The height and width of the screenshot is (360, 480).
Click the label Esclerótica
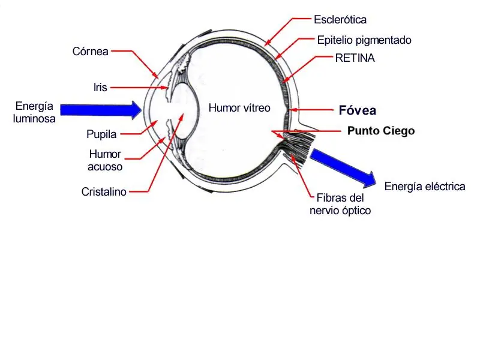pos(340,20)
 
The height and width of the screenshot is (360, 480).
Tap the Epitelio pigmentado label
pos(364,40)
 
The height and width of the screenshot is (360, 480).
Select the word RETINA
pos(355,58)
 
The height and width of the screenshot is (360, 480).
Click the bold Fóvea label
pos(357,110)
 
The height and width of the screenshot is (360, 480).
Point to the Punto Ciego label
pos(381,131)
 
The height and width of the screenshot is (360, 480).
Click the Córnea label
pos(91,51)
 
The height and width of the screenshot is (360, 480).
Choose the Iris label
pos(100,87)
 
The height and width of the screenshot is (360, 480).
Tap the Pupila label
pos(101,134)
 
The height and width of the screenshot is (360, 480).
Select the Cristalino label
pos(104,191)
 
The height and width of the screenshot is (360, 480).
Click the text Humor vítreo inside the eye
pos(239,108)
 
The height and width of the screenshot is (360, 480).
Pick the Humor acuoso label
pos(105,160)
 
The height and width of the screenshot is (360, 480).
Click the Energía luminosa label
pos(34,112)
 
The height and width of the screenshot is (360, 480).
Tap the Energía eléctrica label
pos(425,186)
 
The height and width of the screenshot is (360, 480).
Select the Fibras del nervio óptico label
pos(340,204)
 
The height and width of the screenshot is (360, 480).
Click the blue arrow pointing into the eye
pos(101,110)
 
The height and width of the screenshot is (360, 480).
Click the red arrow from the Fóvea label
pos(311,110)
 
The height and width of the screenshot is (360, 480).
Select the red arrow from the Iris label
pos(140,88)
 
